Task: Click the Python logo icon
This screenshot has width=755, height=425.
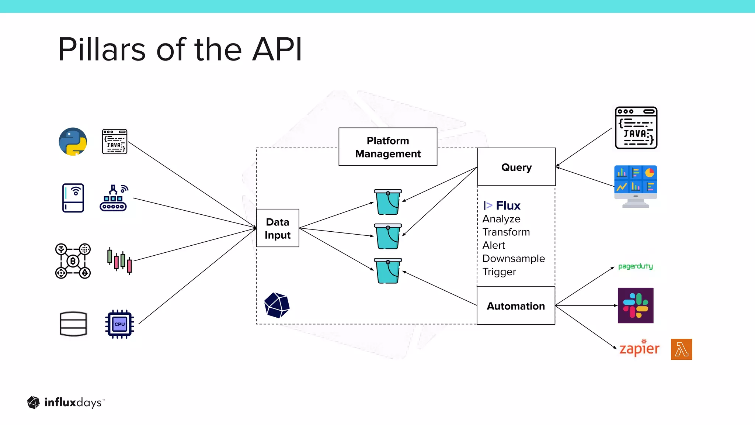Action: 73,142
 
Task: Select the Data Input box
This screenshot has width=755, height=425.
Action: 278,228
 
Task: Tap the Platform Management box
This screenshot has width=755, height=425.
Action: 388,147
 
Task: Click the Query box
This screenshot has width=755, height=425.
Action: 516,167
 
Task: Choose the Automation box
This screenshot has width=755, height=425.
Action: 516,306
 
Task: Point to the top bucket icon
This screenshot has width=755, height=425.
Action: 388,202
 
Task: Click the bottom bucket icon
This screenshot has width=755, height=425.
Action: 388,271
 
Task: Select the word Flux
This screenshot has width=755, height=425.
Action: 508,205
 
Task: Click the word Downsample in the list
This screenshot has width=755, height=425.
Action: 514,259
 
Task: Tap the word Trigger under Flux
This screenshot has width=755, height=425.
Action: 499,272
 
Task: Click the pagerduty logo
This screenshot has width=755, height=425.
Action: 635,266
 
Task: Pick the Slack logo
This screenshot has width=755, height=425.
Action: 636,305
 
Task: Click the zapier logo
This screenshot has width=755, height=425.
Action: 639,349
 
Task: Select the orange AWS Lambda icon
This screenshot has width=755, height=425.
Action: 681,349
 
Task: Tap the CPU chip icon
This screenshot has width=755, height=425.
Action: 119,324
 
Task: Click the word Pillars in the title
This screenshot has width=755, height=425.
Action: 102,49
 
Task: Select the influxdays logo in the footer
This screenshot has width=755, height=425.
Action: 66,402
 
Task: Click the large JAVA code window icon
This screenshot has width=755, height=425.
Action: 636,128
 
